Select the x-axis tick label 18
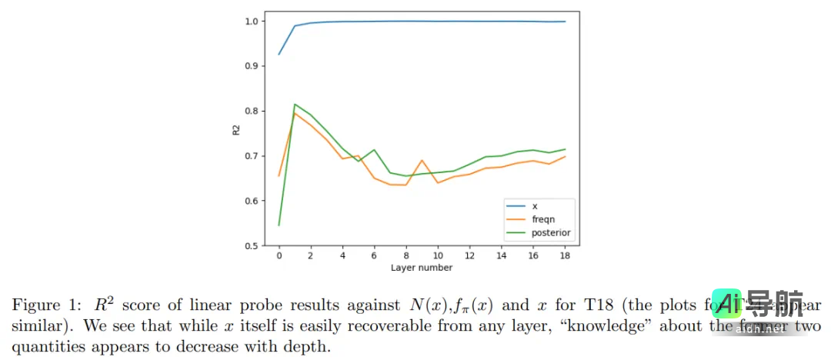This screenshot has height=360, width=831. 565,256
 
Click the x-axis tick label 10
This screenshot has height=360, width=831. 438,256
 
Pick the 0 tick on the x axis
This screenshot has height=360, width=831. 279,256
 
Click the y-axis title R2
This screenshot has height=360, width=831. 237,131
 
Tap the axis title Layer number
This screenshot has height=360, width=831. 422,268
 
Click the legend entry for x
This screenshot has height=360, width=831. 534,206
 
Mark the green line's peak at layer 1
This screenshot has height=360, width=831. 295,105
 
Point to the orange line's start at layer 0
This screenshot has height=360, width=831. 279,176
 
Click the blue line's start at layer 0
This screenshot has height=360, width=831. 279,54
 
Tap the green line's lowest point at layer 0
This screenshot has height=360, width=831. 279,225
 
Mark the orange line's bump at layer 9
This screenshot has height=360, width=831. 422,160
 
